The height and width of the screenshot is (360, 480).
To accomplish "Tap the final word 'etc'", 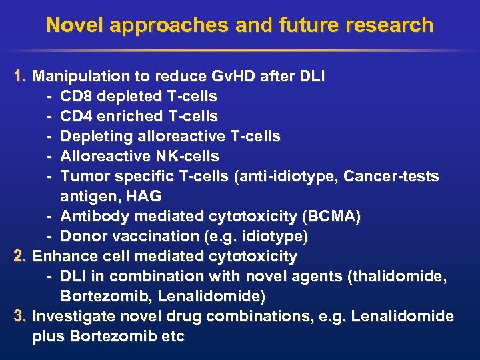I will (173, 336).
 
